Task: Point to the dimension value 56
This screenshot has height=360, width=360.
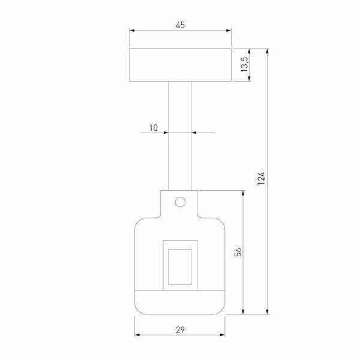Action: (238, 252)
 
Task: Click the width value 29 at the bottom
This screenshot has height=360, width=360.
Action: (180, 329)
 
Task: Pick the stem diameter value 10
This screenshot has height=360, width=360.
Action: (153, 127)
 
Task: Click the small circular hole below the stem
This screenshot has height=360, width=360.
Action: (180, 202)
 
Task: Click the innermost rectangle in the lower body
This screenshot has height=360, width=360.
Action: (180, 264)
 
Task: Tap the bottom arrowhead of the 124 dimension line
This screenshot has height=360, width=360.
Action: (268, 311)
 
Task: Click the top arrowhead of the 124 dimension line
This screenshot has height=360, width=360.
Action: (268, 51)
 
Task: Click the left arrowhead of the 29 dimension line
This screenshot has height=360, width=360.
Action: (137, 335)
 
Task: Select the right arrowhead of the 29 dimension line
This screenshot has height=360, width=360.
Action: (223, 335)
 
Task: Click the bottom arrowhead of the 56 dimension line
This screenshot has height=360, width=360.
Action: (243, 311)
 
